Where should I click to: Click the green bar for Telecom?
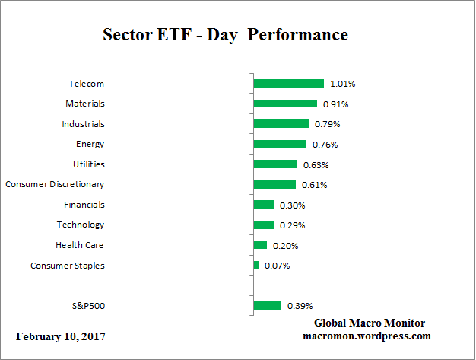pos(288,83)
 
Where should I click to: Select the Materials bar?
pos(285,104)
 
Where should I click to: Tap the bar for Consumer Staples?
pos(256,266)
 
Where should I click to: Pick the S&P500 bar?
pos(267,306)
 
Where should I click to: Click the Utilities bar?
pos(275,164)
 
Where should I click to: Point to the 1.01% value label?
pos(342,84)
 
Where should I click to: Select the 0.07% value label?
pos(277,266)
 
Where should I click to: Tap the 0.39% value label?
pos(300,306)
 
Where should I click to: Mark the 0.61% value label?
pos(315,185)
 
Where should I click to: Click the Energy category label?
pos(90,144)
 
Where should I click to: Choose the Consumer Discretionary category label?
pos(55,184)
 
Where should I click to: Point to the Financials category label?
pos(84,205)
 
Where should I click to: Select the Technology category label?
pos(81,225)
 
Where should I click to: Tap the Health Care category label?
pos(79,245)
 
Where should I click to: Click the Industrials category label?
pos(83,123)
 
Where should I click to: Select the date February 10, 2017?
pos(61,336)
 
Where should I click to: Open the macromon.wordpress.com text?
pos(367,336)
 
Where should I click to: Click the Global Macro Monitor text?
pos(370,323)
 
